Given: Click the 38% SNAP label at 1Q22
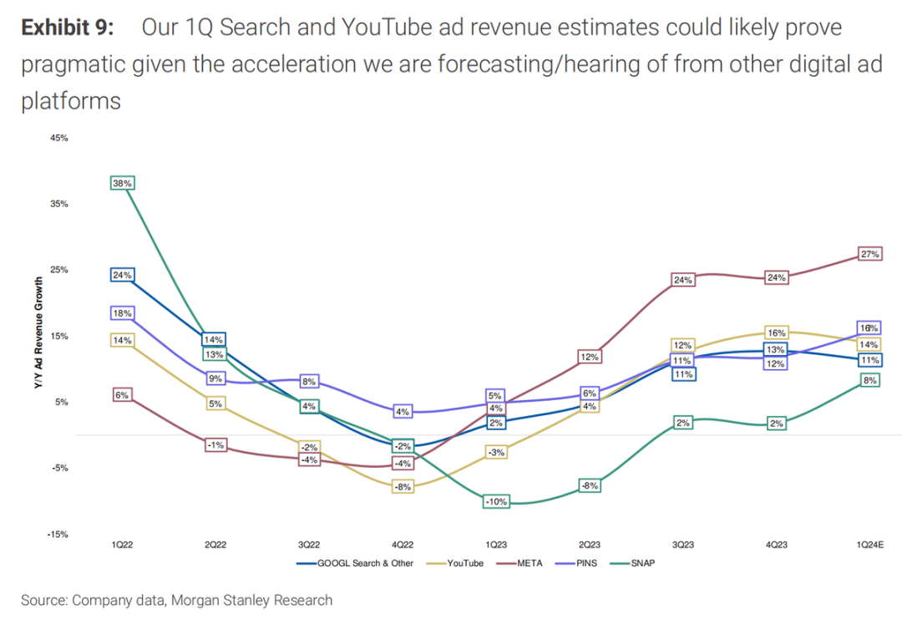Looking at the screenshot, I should click(x=122, y=183).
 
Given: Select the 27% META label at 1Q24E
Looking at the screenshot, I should click(x=869, y=254).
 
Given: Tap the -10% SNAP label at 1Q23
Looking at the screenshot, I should click(x=496, y=501).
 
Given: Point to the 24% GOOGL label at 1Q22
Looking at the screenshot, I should click(x=122, y=275).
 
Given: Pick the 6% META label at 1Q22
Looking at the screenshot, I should click(x=122, y=395).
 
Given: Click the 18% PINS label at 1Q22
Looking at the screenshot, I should click(x=122, y=313).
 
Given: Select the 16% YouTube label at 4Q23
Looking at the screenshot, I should click(x=776, y=332).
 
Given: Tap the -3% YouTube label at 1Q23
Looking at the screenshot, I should click(x=496, y=452).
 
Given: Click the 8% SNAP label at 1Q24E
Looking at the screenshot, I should click(x=869, y=380).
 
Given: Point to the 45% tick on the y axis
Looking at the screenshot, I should click(x=58, y=138).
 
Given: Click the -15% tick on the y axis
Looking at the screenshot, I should click(x=58, y=534).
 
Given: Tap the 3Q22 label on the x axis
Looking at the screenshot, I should click(x=310, y=545).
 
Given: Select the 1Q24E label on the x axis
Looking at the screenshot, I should click(x=869, y=545).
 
